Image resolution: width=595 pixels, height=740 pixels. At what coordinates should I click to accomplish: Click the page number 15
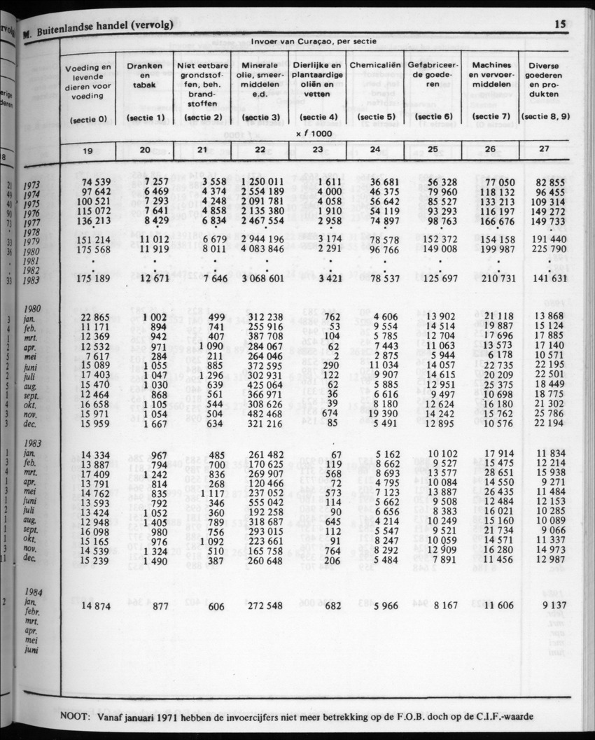tap(559, 25)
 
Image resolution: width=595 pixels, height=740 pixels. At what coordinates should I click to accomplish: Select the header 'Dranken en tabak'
tap(145, 75)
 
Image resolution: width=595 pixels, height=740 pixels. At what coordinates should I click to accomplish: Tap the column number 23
tap(318, 149)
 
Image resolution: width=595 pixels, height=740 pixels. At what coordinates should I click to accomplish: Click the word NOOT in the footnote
tap(75, 715)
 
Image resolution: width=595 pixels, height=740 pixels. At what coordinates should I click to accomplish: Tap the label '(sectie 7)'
tap(490, 117)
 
